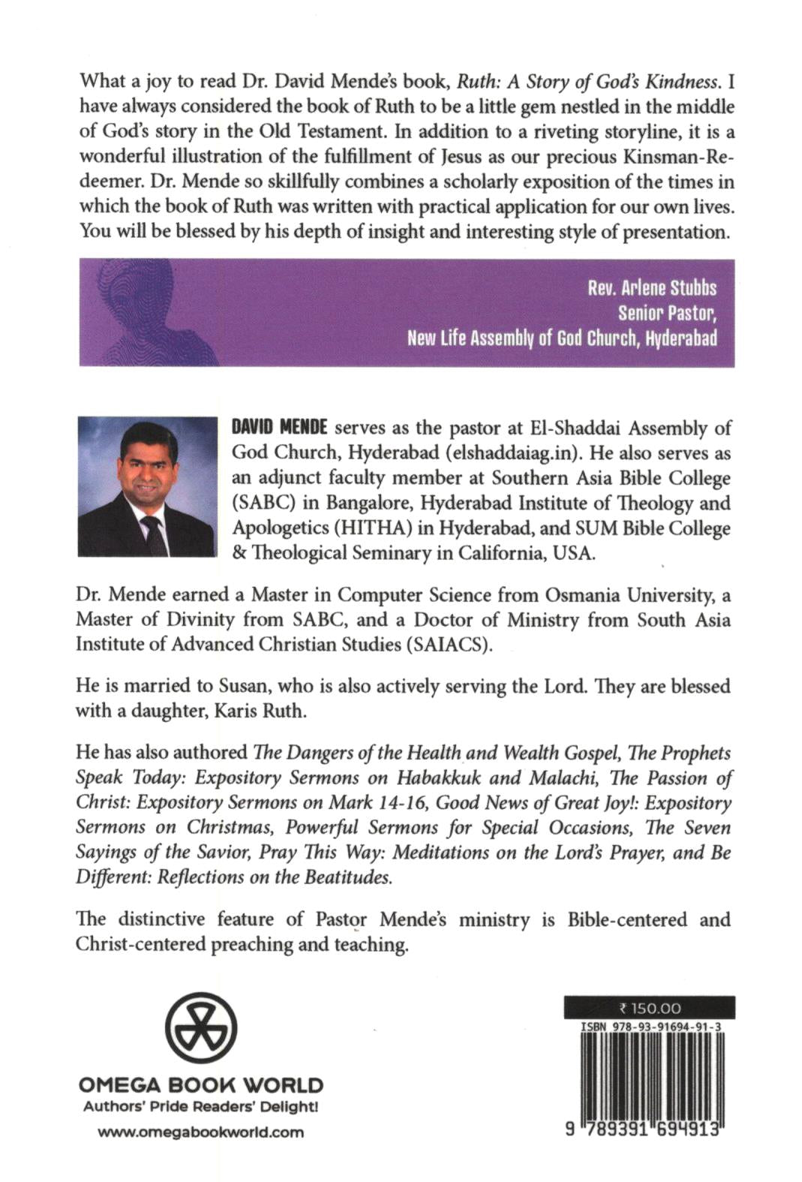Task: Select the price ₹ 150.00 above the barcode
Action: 649,1009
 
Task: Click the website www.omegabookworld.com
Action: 201,1132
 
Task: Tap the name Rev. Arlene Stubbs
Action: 652,288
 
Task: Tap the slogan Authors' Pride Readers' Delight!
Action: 201,1107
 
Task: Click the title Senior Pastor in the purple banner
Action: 667,312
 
